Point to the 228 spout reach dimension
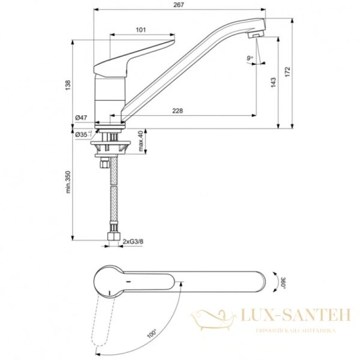(x=178, y=110)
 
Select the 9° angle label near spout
(x=250, y=58)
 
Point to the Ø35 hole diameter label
(x=83, y=135)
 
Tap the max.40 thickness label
(x=140, y=142)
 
